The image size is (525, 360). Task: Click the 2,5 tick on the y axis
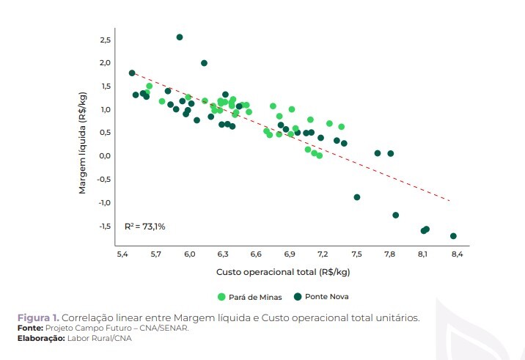(x=105, y=39)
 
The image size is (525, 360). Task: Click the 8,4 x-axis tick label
(x=457, y=254)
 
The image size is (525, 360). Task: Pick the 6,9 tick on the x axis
(x=290, y=254)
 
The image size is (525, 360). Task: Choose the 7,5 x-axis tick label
(x=356, y=254)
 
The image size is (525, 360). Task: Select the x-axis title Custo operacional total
(x=282, y=273)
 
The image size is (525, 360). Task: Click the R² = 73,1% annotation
(x=144, y=226)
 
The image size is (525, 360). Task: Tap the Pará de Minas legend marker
(x=221, y=297)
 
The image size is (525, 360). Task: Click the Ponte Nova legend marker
(x=298, y=297)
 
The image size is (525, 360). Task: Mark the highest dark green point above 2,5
(x=180, y=37)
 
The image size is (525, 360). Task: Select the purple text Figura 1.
(x=38, y=317)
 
